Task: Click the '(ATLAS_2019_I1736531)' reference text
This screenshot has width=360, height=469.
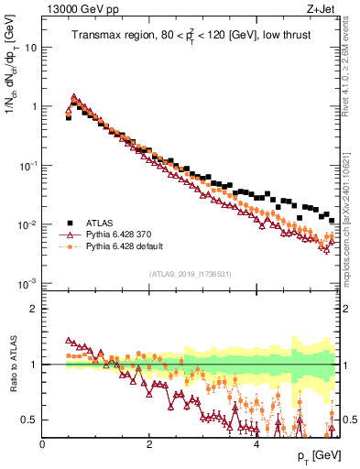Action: (190, 274)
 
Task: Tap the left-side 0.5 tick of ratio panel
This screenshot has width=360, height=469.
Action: (31, 420)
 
